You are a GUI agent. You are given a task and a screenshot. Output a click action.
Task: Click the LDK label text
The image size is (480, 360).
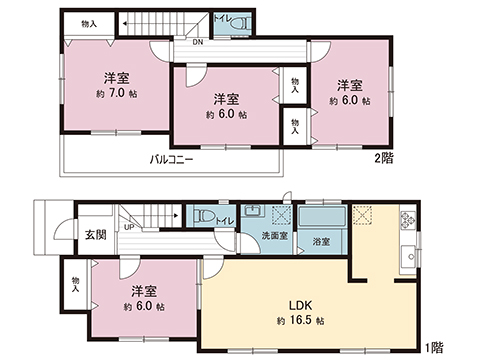[300, 306]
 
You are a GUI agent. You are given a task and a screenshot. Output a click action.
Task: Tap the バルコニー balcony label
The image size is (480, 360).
[172, 159]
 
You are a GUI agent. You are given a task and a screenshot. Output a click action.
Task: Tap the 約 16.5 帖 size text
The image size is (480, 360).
[300, 322]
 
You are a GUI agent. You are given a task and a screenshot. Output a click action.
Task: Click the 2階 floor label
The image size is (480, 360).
[383, 158]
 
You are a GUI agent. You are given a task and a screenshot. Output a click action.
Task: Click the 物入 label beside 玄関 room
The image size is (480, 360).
[76, 283]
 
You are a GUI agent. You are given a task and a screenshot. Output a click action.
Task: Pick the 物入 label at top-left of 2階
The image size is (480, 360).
[89, 23]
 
